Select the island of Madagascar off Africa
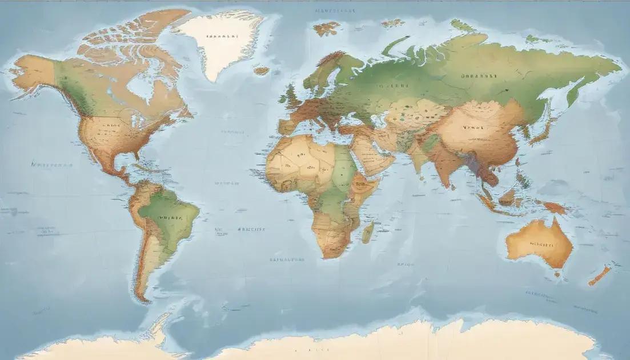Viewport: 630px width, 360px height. [368, 232]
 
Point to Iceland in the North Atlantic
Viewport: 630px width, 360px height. [261, 71]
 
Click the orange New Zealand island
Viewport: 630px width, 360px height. [600, 275]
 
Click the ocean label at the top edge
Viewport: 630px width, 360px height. [335, 10]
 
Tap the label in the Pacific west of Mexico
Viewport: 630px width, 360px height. [52, 165]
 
